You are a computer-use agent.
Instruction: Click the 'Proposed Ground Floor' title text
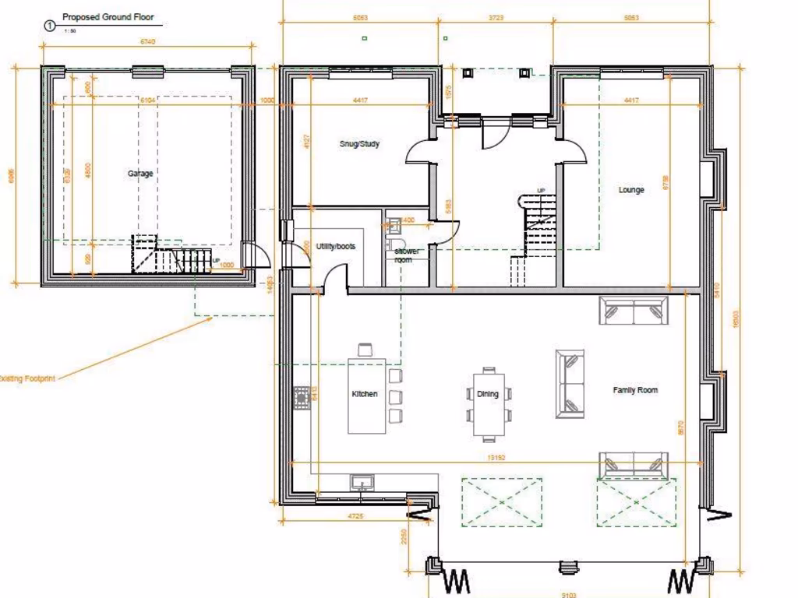[x=108, y=17]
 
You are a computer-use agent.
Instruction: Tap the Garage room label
[x=140, y=174]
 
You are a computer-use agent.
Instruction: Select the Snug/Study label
[x=359, y=144]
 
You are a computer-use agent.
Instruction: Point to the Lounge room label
[x=631, y=189]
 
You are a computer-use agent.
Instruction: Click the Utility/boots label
[x=335, y=246]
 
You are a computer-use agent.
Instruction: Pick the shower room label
[x=406, y=255]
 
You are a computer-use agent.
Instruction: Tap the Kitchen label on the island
[x=365, y=394]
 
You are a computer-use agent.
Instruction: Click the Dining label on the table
[x=488, y=394]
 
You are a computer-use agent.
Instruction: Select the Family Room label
[x=635, y=390]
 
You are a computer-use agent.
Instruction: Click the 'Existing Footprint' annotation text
[x=26, y=378]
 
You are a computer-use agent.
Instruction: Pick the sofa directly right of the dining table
[x=570, y=384]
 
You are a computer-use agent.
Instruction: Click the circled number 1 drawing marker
[x=51, y=26]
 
